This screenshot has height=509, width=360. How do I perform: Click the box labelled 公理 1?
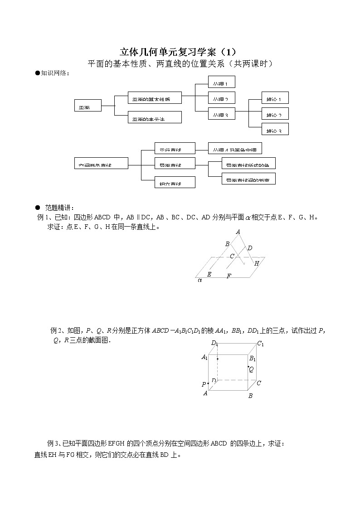[221, 82]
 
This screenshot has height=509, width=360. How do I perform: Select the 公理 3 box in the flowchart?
[221, 115]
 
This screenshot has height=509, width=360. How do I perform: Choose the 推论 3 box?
[275, 130]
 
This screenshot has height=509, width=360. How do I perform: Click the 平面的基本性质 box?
[155, 98]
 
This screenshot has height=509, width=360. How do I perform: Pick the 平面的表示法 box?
[155, 117]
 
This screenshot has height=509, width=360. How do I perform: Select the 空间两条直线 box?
[101, 164]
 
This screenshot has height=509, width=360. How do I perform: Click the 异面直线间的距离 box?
[248, 179]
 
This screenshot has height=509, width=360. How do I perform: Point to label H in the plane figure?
[257, 263]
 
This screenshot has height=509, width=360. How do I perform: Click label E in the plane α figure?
[209, 274]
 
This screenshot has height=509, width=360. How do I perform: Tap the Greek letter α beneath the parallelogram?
[199, 281]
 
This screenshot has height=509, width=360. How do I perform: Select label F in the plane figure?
[229, 276]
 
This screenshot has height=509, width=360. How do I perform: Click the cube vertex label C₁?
[260, 344]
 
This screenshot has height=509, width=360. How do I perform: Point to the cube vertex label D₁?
[214, 343]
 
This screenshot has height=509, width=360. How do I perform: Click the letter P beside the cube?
[204, 384]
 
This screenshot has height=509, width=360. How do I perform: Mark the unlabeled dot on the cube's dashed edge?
[218, 359]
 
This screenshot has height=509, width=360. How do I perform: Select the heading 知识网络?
[55, 73]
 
